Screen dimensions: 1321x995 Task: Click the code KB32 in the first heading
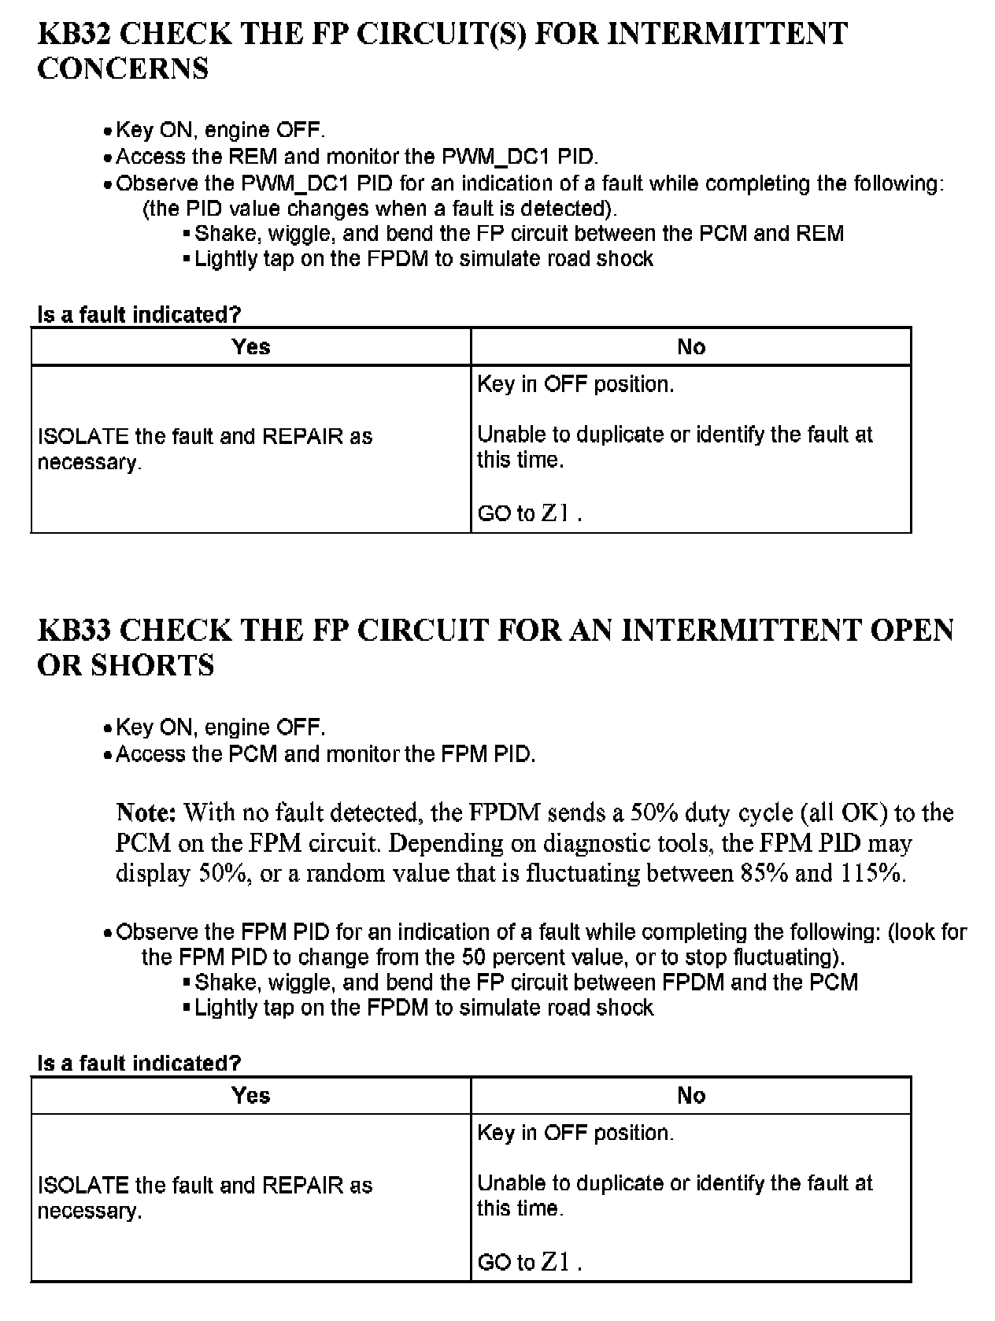click(x=76, y=34)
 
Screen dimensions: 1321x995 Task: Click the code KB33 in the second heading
click(x=76, y=631)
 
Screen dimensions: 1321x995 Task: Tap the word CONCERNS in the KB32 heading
click(x=123, y=68)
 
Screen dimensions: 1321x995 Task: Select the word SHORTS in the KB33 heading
click(x=153, y=665)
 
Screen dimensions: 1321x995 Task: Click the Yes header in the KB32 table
click(x=251, y=346)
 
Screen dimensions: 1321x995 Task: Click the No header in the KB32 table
click(x=691, y=346)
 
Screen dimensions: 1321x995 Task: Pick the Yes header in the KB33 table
click(x=251, y=1095)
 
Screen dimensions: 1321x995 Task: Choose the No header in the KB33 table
click(x=691, y=1095)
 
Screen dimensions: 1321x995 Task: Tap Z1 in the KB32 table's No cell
click(x=555, y=513)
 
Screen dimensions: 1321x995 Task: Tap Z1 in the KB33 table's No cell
click(x=555, y=1262)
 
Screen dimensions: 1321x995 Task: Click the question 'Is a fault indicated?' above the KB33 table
click(x=139, y=1063)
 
